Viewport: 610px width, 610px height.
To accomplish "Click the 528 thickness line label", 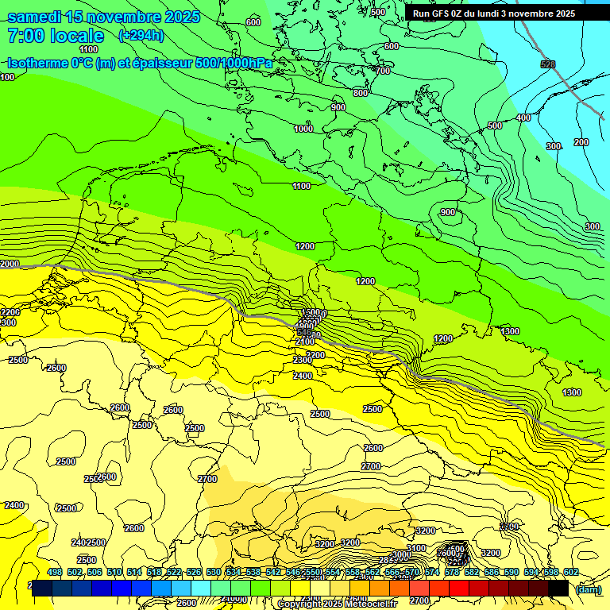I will [x=547, y=64].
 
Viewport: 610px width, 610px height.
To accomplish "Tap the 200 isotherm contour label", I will [x=581, y=142].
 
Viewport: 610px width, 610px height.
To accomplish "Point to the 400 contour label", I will [x=523, y=118].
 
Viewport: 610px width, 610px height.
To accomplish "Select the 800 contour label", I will [x=361, y=93].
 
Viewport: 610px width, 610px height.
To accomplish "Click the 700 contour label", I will [x=383, y=71].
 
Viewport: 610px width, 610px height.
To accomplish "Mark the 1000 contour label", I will [x=303, y=129].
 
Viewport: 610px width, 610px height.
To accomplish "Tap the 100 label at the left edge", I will [x=7, y=77].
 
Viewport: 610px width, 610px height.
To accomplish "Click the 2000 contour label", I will [x=10, y=264].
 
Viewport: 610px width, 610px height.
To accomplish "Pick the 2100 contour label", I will [x=304, y=342].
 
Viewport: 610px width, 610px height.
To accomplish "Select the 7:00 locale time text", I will [x=55, y=36].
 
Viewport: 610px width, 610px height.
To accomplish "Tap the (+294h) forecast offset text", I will [x=141, y=35].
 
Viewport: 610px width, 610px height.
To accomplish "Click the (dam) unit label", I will [x=588, y=589].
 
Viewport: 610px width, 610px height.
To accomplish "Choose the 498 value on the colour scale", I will [x=55, y=572].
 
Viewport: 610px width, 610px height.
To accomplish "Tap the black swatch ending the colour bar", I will [x=558, y=589].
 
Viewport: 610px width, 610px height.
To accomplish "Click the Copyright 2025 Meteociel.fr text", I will [x=337, y=604].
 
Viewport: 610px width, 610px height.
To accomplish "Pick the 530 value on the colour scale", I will [x=214, y=572].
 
